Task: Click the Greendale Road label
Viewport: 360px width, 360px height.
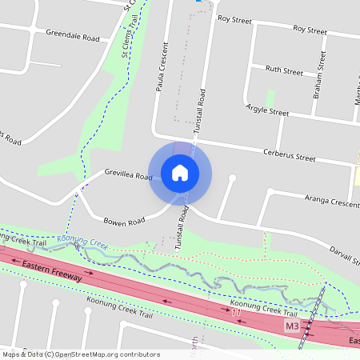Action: pyautogui.click(x=73, y=37)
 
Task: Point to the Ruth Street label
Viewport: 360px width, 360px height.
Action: pyautogui.click(x=284, y=71)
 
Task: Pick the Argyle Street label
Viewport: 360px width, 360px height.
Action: pyautogui.click(x=267, y=110)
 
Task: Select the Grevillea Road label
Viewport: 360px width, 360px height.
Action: pyautogui.click(x=128, y=175)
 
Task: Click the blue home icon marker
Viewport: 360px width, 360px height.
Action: pyautogui.click(x=180, y=173)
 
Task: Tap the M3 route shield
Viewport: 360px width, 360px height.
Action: pyautogui.click(x=292, y=328)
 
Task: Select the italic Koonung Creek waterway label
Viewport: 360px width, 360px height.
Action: pyautogui.click(x=82, y=240)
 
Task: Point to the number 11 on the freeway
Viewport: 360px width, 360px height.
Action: pyautogui.click(x=235, y=312)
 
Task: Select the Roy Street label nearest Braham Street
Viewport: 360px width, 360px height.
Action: pyautogui.click(x=310, y=30)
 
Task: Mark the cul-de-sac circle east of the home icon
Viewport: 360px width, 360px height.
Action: pyautogui.click(x=232, y=178)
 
